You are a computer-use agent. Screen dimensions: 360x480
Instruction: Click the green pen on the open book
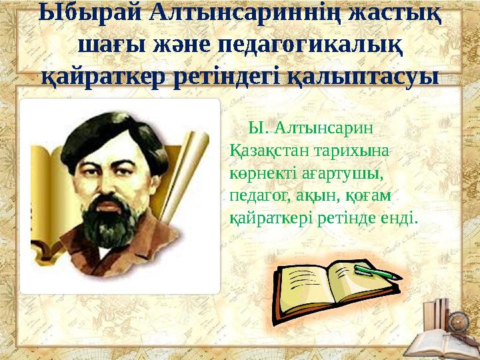376,271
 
